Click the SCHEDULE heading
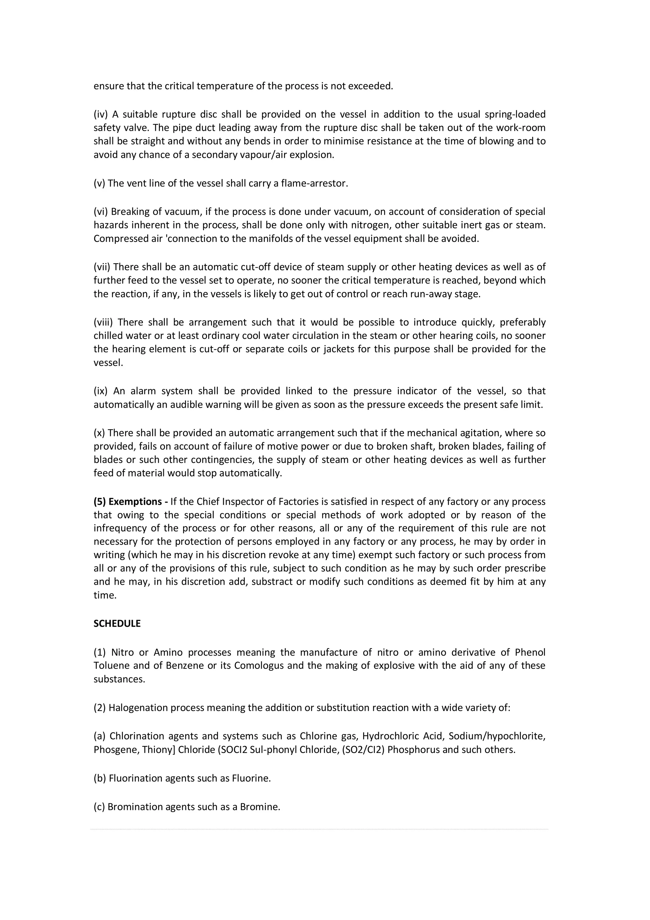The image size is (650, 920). pyautogui.click(x=117, y=623)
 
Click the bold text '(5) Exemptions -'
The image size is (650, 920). pyautogui.click(x=130, y=502)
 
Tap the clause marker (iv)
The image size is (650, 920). pyautogui.click(x=101, y=115)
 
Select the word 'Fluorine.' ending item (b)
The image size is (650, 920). pyautogui.click(x=251, y=778)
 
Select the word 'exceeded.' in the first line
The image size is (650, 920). pyautogui.click(x=372, y=86)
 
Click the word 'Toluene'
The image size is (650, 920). pyautogui.click(x=112, y=666)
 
